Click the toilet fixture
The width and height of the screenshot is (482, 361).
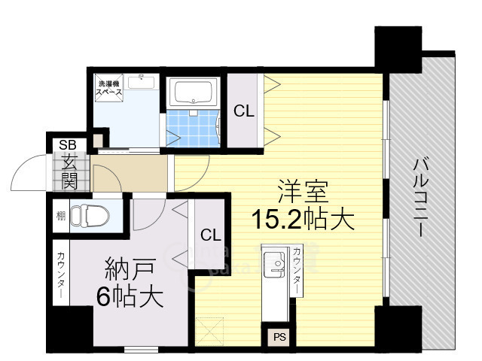click(90, 216)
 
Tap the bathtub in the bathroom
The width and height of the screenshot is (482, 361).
click(193, 92)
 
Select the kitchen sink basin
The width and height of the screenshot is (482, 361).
click(274, 265)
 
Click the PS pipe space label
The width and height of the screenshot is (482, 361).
click(279, 337)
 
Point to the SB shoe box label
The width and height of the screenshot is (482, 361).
click(68, 145)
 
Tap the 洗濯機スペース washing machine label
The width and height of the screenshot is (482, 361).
click(109, 88)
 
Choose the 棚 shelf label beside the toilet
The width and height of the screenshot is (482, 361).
click(61, 216)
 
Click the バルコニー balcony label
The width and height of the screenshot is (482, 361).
click(420, 198)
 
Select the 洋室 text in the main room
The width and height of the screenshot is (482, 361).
click(303, 192)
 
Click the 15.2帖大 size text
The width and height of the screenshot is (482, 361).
click(303, 220)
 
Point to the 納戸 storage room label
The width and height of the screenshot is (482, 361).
click(130, 269)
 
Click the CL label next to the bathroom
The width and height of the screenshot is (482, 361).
click(244, 111)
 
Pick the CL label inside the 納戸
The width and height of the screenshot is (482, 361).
click(211, 235)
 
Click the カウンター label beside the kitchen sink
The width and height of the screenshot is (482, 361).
click(297, 271)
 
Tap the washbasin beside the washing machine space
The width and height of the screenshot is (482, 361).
click(141, 81)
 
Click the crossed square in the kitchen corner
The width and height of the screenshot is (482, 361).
click(209, 332)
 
